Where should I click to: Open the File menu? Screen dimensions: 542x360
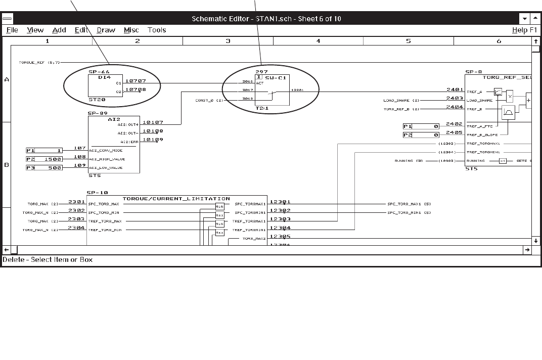click(12, 30)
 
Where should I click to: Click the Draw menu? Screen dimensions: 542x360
click(106, 30)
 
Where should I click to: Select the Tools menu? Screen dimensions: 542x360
click(157, 30)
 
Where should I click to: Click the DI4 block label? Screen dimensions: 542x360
click(104, 77)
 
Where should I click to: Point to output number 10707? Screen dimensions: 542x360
click(135, 81)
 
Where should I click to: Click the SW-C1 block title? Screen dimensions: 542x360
click(278, 77)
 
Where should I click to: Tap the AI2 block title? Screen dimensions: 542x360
click(114, 119)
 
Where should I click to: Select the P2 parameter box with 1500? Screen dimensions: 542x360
click(44, 159)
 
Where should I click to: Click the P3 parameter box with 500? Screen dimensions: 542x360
click(44, 168)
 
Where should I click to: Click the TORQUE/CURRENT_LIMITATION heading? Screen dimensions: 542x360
click(176, 199)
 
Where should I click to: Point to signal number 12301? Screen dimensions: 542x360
click(280, 202)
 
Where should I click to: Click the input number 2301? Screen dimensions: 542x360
click(76, 202)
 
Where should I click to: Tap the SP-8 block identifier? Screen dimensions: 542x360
click(473, 72)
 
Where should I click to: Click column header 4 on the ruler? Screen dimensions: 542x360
click(318, 41)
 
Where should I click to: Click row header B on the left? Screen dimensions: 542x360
click(7, 165)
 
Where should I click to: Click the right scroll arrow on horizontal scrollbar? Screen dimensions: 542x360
click(527, 250)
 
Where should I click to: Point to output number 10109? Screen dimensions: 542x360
click(153, 140)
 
